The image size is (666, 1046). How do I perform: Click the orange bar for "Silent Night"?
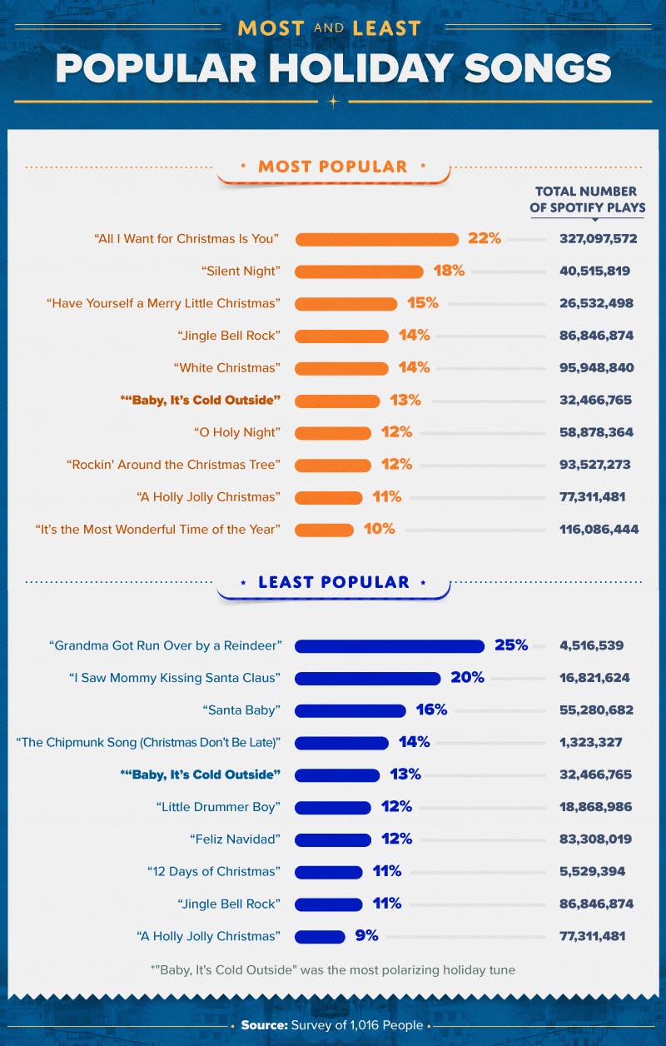(359, 271)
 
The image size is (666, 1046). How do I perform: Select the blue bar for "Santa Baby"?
(350, 710)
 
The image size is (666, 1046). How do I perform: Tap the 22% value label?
(485, 239)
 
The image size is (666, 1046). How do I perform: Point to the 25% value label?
(510, 645)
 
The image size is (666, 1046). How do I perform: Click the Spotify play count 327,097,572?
(598, 239)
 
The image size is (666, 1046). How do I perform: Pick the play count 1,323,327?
(590, 742)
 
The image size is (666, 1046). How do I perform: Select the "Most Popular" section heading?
(333, 167)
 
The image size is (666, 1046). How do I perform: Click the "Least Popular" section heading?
(333, 582)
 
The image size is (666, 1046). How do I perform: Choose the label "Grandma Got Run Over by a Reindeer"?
(165, 645)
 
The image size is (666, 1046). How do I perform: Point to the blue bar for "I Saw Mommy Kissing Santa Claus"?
(367, 678)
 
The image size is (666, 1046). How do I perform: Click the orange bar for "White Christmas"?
(341, 368)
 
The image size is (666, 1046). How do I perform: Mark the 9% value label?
(366, 936)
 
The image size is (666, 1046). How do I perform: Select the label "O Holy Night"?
(236, 432)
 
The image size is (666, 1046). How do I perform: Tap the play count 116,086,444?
(598, 529)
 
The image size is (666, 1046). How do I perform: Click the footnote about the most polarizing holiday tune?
(333, 969)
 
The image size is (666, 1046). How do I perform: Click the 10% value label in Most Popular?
(378, 529)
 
